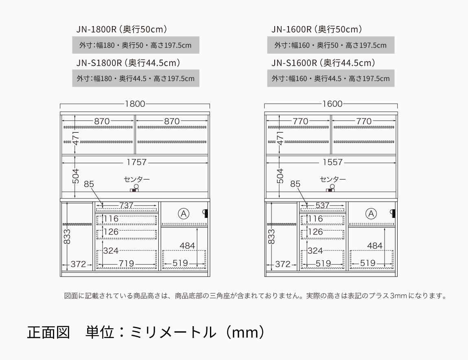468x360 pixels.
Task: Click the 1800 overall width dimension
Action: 135,104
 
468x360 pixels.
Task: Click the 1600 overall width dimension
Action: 332,104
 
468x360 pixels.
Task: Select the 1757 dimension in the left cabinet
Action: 136,162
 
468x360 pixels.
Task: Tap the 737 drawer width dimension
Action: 126,206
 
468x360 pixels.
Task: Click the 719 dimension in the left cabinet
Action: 126,264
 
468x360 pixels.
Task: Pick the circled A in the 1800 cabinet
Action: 184,213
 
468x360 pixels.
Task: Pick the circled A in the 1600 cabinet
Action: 371,213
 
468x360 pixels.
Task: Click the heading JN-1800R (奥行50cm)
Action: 122,29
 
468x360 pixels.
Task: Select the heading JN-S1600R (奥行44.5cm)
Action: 323,63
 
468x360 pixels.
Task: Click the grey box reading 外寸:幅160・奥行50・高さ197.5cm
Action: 330,45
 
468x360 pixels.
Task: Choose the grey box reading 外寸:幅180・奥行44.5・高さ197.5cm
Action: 136,79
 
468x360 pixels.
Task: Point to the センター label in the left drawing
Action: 137,179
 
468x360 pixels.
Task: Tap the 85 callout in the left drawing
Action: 89,184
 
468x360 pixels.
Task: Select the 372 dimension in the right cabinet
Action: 283,264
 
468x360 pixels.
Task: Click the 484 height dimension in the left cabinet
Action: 187,246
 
